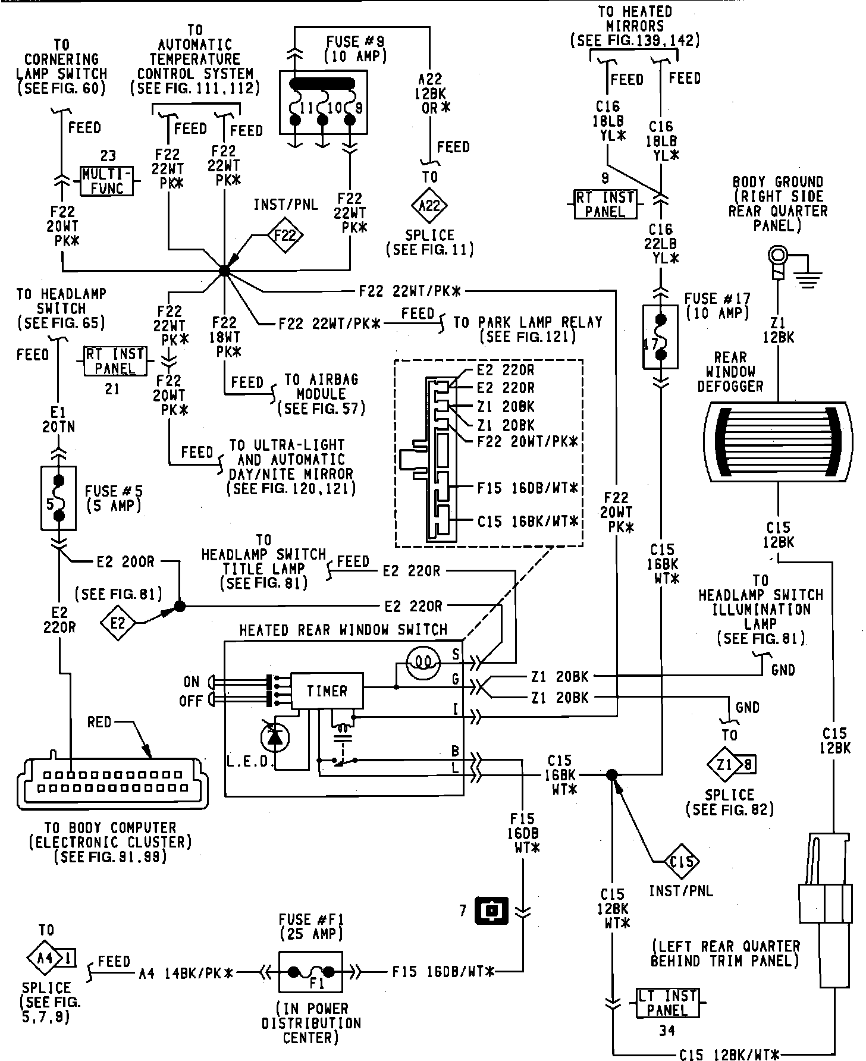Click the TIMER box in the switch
[327, 690]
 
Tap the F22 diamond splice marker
[285, 236]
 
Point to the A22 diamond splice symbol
[429, 206]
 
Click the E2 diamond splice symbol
[118, 623]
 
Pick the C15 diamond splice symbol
[680, 861]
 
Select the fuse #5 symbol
[58, 498]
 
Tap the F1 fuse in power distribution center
[310, 972]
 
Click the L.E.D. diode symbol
[274, 738]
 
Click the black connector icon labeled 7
[491, 910]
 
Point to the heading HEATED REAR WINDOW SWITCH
[343, 630]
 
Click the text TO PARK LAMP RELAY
[528, 322]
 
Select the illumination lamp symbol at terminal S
[423, 660]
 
